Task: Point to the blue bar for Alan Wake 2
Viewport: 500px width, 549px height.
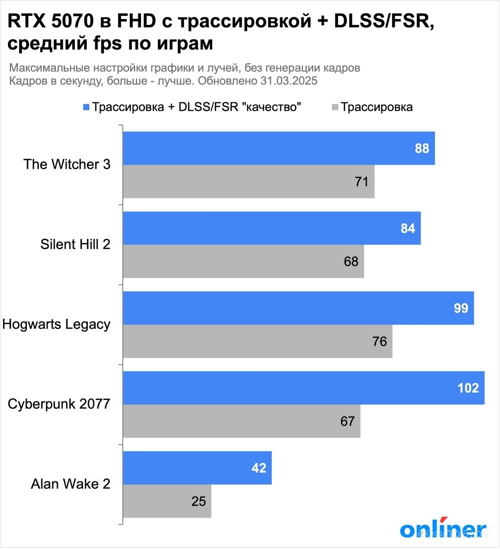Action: (197, 468)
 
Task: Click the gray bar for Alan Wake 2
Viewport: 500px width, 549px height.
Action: (167, 501)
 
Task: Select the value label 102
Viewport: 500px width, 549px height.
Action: (468, 388)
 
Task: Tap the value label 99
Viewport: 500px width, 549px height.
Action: (461, 308)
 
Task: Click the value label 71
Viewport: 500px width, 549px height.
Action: (361, 182)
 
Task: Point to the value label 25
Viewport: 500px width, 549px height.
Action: (198, 501)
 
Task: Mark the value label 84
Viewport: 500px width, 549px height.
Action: (408, 229)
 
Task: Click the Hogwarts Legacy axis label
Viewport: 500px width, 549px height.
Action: (56, 324)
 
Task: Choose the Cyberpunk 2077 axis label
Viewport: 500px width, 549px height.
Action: (59, 404)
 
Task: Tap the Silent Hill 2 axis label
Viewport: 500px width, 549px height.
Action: (75, 245)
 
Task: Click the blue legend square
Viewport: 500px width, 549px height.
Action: (86, 107)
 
